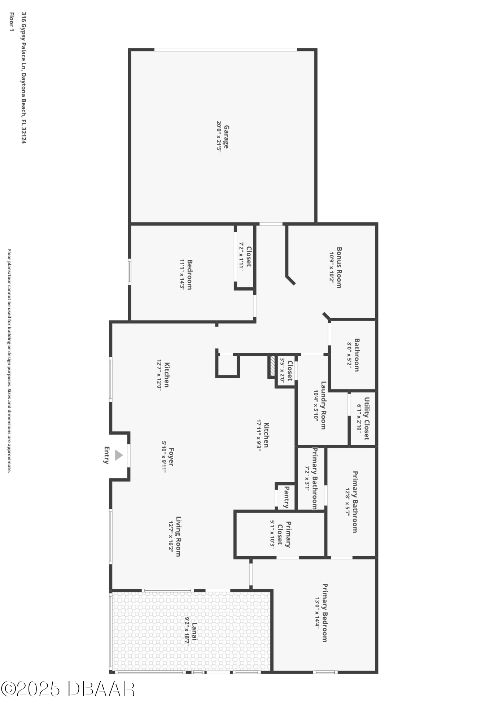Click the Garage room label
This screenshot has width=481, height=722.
coord(226,137)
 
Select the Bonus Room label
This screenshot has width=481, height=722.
coord(339,268)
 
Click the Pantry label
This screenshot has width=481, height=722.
coord(287,497)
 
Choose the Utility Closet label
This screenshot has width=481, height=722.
coord(367,418)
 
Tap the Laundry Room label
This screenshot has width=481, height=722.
coord(323,405)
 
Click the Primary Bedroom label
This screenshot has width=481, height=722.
coord(325,613)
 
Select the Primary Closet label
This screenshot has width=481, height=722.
coord(284,534)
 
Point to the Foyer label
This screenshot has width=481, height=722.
coord(171,457)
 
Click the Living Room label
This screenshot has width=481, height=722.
coord(178,536)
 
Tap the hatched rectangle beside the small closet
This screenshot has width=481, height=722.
coord(272,367)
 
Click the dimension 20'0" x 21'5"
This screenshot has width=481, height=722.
coord(219,137)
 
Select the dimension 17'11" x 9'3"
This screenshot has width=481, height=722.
coord(258,435)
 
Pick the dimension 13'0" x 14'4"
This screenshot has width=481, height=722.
coord(317,613)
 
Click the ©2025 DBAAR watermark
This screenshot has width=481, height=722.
coord(68,689)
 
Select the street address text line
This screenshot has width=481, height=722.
coord(24,78)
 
